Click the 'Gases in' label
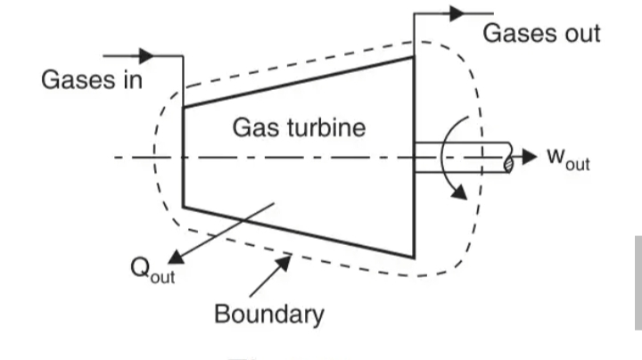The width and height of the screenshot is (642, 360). point(92,78)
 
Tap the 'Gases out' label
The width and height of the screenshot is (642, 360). point(541,33)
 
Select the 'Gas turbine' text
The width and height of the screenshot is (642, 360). point(299,127)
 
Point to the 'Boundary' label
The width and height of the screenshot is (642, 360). point(269,314)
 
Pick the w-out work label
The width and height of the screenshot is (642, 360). point(568,159)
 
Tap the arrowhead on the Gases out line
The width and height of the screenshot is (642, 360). point(459,13)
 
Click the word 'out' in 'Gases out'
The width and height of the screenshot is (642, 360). point(576,33)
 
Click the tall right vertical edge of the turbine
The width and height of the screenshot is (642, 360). point(414,157)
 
